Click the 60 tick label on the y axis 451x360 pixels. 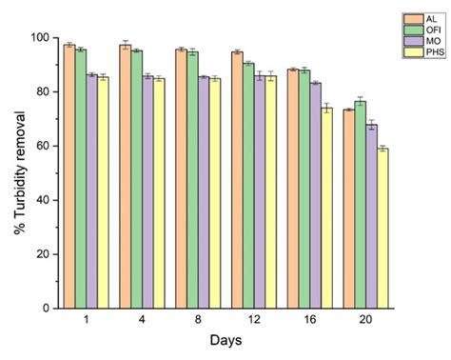(x=41, y=146)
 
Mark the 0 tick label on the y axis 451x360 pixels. (x=44, y=309)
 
